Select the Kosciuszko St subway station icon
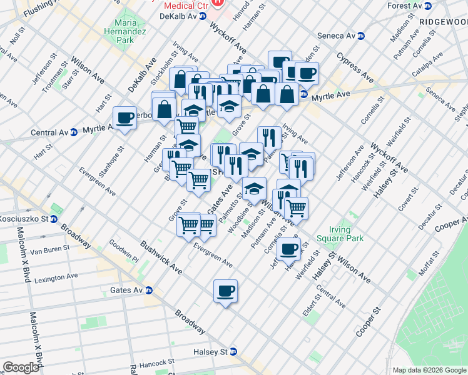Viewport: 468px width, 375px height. click(54, 219)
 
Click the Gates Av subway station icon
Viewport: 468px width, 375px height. click(149, 290)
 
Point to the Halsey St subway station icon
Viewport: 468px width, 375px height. click(233, 352)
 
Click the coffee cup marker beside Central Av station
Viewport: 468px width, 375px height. click(125, 117)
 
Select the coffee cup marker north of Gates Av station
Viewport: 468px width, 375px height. click(225, 291)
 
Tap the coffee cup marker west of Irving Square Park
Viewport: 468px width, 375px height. click(288, 249)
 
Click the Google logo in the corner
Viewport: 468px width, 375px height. click(21, 367)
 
